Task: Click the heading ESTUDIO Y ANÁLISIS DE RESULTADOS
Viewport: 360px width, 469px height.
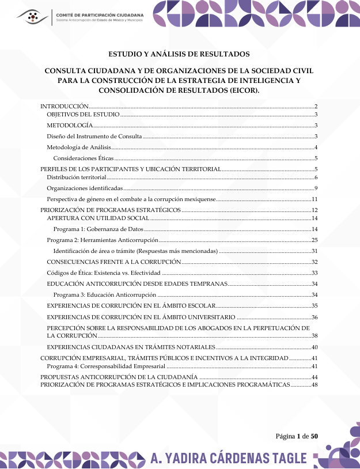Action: (179, 54)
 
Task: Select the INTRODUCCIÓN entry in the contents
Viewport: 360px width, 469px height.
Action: (64, 107)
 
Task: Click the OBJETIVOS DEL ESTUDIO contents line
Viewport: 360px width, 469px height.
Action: (83, 115)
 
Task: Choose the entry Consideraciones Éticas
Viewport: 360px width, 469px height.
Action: (84, 157)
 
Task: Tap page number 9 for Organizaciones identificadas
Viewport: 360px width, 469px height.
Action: (316, 188)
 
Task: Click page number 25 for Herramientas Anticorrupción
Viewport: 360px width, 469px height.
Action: (314, 240)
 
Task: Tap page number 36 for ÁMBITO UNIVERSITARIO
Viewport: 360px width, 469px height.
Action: (314, 317)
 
